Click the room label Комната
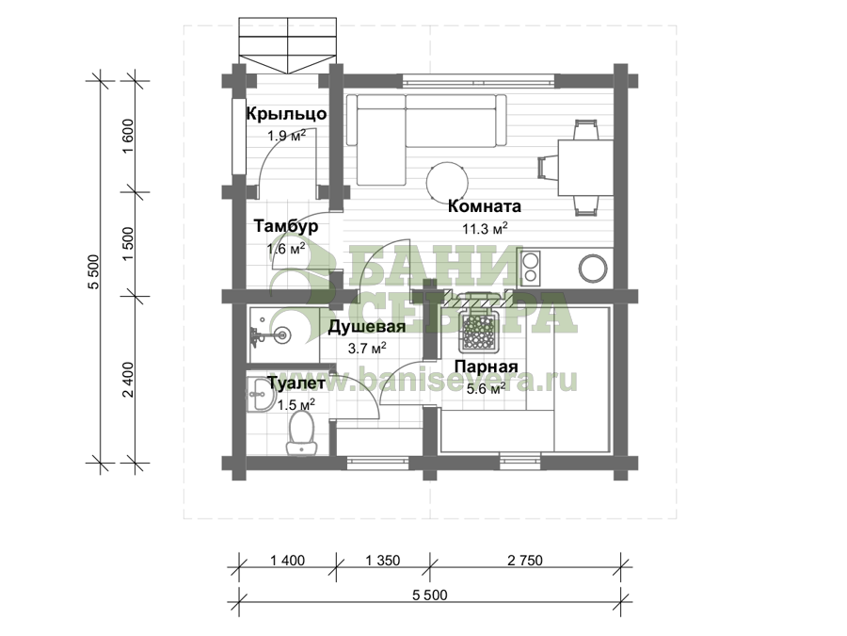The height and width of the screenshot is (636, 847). (x=485, y=206)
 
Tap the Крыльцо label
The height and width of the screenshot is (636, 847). (x=286, y=114)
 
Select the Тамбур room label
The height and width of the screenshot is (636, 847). (x=286, y=225)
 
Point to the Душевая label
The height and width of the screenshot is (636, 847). (x=367, y=327)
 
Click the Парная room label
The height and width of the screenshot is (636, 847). (x=487, y=367)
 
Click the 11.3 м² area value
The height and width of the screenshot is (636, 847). (x=485, y=228)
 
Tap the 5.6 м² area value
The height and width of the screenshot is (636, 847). (x=487, y=388)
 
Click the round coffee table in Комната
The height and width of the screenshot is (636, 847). (x=447, y=182)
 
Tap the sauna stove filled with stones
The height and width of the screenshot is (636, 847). (x=477, y=330)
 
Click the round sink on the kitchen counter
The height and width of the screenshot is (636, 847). (x=593, y=269)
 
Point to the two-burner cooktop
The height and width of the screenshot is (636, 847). (x=531, y=269)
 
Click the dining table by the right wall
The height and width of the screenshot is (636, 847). (x=585, y=168)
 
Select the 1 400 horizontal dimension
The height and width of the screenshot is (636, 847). (x=287, y=561)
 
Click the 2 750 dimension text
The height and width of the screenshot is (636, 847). (x=525, y=561)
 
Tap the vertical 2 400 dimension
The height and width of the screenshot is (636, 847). (x=128, y=380)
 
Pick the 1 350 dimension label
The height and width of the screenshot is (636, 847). (x=383, y=561)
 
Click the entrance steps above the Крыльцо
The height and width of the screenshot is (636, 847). (x=288, y=45)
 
